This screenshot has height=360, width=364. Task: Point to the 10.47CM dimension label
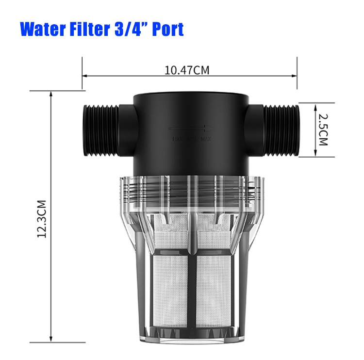click(x=187, y=70)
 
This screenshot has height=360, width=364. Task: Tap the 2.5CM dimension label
click(x=324, y=130)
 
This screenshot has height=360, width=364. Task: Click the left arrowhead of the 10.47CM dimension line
click(x=84, y=76)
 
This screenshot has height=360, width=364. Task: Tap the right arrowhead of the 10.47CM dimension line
click(x=295, y=76)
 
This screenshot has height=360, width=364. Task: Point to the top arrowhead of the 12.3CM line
click(x=51, y=94)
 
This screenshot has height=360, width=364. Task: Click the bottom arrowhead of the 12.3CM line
click(x=51, y=341)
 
